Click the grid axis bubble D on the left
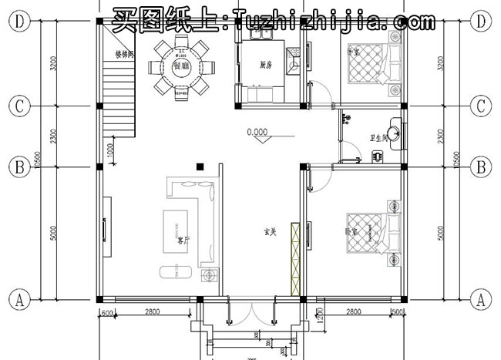click(x=18, y=22)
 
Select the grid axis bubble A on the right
click(x=482, y=298)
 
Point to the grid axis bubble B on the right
click(x=482, y=166)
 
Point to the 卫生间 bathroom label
click(x=378, y=138)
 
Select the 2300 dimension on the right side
click(x=442, y=136)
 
